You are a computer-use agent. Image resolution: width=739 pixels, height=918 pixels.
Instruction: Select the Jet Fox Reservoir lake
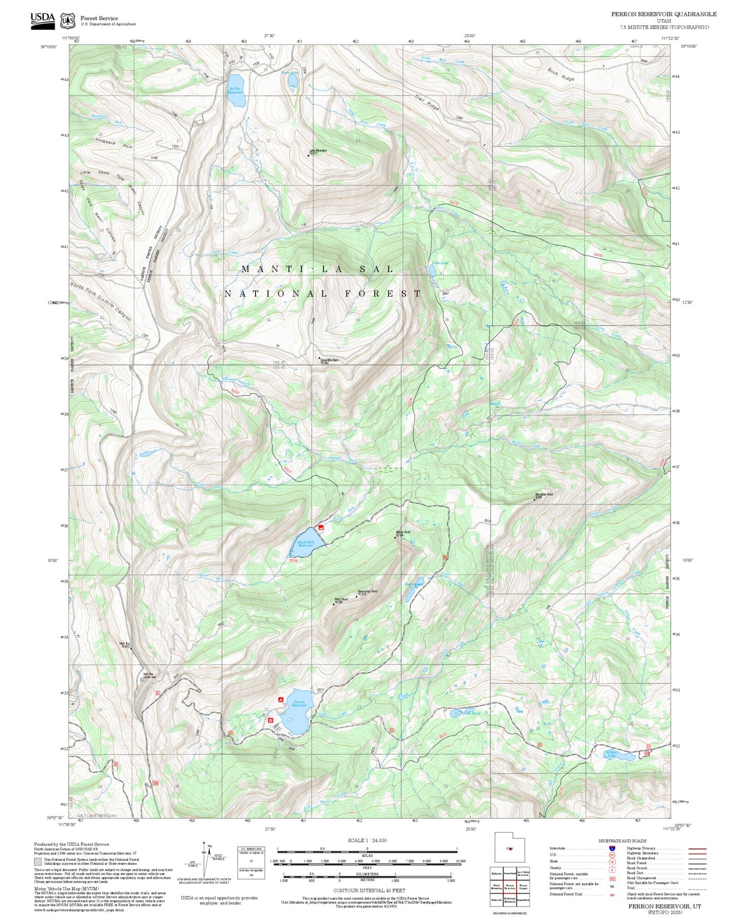[236, 90]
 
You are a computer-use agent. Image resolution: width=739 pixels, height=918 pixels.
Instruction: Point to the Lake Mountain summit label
[318, 151]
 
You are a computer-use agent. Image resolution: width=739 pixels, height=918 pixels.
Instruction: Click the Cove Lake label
[440, 263]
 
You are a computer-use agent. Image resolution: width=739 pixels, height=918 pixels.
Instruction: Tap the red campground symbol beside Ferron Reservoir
[280, 699]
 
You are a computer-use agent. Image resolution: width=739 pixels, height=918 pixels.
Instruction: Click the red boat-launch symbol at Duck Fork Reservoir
[321, 527]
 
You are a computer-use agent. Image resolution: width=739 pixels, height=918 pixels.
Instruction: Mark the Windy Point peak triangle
[395, 537]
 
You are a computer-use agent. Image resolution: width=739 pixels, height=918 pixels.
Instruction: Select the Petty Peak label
[341, 600]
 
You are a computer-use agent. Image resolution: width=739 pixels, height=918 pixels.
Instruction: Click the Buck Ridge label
[561, 75]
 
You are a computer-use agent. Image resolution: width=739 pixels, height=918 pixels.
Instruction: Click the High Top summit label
[124, 645]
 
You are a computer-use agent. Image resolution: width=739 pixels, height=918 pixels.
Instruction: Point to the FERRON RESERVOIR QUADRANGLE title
[663, 14]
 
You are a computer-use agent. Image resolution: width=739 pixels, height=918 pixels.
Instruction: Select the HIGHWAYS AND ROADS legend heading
[622, 841]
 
